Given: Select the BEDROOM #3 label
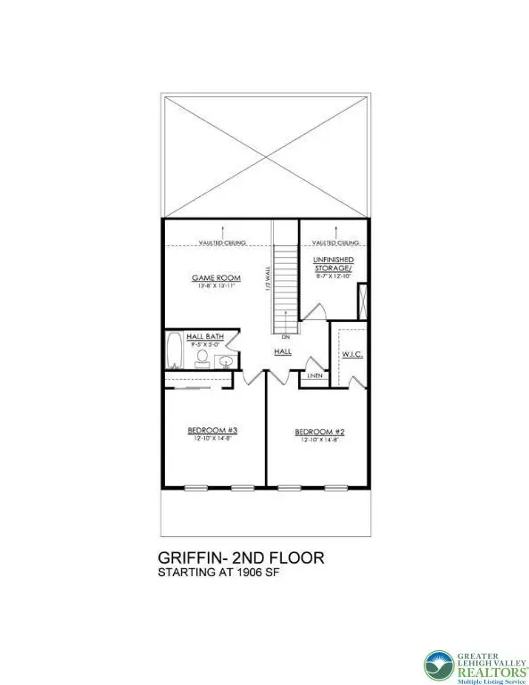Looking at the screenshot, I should point(214,430).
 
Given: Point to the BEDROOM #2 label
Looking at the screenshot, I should point(318,433).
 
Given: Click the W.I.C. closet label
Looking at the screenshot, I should point(351,354).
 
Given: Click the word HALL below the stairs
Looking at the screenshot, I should point(283,352).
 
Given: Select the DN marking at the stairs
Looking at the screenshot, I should point(285,338).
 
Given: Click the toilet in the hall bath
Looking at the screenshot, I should point(203,359).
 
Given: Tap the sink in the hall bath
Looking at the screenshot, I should point(227,361).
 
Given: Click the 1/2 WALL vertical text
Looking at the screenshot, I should point(267,279).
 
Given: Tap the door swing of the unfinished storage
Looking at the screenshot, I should point(314,309).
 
